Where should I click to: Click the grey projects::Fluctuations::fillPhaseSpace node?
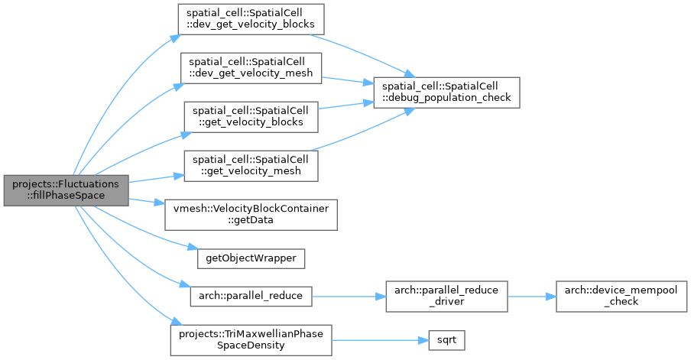coord(66,190)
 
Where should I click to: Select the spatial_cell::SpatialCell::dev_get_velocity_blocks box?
coord(251,19)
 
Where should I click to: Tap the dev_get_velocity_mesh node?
coord(251,68)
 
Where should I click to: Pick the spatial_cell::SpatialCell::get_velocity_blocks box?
coord(251,117)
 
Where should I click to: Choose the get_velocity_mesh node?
coord(251,166)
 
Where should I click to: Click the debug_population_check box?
coord(446,92)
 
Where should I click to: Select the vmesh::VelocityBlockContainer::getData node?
coord(251,215)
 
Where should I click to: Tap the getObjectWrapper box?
coord(251,258)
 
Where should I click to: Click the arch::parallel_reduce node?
coord(251,296)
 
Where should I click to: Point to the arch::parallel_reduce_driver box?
coord(446,297)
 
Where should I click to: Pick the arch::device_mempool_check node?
coord(621,297)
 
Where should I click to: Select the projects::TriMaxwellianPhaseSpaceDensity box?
coord(251,340)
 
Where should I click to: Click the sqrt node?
coord(446,340)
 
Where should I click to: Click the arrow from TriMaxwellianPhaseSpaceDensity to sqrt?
coord(381,340)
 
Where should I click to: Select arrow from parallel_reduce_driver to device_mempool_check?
coord(532,297)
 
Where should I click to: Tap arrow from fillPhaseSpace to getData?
coord(147,201)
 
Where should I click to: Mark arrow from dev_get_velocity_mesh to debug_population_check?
coord(348,80)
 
